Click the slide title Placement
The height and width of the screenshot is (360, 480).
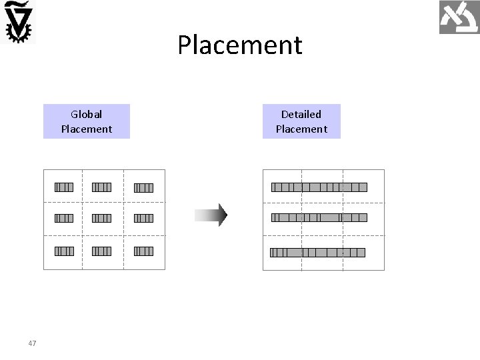point(240,45)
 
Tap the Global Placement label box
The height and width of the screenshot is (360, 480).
point(87,121)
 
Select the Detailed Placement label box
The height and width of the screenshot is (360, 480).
point(301,121)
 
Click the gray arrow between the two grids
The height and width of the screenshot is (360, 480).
point(211,215)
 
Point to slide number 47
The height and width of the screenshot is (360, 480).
point(32,343)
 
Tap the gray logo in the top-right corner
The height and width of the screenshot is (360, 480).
point(459,17)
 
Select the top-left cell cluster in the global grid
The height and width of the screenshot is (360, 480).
point(64,187)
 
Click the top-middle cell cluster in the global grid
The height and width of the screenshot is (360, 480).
point(101,187)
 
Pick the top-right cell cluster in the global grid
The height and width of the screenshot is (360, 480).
point(143,187)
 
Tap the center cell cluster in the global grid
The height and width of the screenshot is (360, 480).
point(101,218)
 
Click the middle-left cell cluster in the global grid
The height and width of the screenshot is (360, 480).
point(64,218)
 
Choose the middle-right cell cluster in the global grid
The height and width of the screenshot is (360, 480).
point(143,218)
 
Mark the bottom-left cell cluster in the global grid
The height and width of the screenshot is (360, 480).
point(64,251)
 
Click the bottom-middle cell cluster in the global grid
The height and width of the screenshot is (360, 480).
point(101,251)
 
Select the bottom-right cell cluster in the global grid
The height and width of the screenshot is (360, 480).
point(143,251)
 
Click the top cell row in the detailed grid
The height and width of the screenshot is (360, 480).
point(319,187)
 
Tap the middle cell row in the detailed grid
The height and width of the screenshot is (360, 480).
point(319,217)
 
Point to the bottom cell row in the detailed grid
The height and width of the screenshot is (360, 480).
point(318,253)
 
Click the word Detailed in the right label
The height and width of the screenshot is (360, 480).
point(301,115)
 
